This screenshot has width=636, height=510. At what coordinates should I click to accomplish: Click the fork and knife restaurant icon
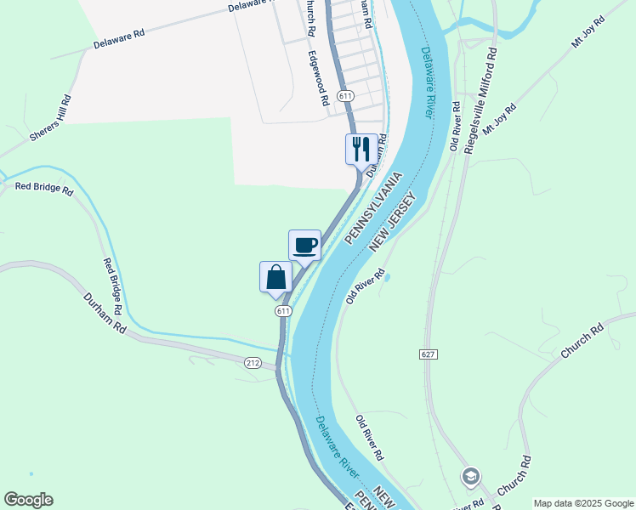[361, 150]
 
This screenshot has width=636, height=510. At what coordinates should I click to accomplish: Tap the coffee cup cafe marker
[304, 246]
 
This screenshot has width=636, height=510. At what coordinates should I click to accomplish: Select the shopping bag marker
[275, 277]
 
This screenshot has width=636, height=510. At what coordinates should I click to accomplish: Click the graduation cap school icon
[470, 476]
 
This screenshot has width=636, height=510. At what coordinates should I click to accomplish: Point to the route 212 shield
[253, 363]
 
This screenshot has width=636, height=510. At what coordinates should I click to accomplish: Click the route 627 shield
[428, 353]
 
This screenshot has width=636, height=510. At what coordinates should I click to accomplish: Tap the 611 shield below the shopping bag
[283, 311]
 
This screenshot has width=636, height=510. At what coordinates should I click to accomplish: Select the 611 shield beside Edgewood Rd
[344, 96]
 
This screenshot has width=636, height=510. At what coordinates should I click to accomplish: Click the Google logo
[28, 500]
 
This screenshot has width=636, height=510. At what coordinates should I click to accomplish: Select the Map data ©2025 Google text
[583, 503]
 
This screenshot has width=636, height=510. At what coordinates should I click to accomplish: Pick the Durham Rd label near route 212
[105, 313]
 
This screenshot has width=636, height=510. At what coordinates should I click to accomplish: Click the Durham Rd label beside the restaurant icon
[377, 152]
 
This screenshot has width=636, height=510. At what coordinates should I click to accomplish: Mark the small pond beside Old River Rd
[387, 276]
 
